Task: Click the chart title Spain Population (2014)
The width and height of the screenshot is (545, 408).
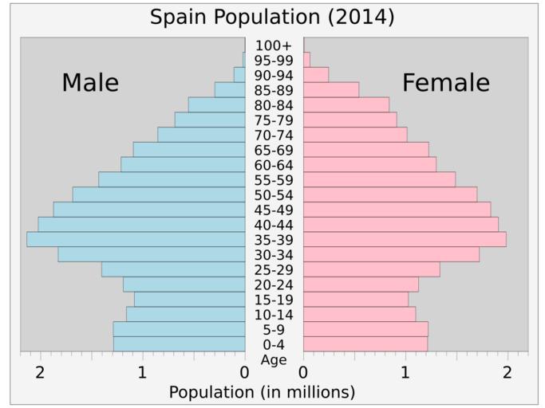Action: click(272, 17)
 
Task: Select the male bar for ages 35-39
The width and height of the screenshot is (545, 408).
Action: click(136, 239)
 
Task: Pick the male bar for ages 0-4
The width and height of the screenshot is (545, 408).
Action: click(179, 344)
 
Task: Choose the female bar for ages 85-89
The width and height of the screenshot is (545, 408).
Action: click(331, 89)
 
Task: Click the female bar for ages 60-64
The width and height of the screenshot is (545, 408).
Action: click(369, 164)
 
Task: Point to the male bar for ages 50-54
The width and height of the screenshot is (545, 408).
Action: click(159, 194)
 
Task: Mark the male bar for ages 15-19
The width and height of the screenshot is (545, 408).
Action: click(189, 300)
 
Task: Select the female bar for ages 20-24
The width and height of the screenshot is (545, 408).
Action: click(361, 284)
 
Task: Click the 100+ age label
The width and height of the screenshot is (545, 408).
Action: click(274, 45)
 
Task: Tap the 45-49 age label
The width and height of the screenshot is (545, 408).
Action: click(274, 210)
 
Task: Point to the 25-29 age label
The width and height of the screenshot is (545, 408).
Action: click(274, 270)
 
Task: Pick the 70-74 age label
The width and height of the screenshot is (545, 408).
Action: click(274, 135)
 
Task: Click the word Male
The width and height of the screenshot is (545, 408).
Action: click(90, 83)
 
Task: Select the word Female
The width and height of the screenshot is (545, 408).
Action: click(445, 83)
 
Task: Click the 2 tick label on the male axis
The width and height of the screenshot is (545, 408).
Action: click(40, 371)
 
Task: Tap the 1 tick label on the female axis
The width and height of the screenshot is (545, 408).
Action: click(405, 371)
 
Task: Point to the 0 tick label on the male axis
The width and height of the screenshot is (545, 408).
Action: click(244, 371)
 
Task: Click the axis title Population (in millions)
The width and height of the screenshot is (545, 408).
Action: click(262, 392)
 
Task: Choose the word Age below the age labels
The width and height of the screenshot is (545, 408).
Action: click(274, 359)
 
